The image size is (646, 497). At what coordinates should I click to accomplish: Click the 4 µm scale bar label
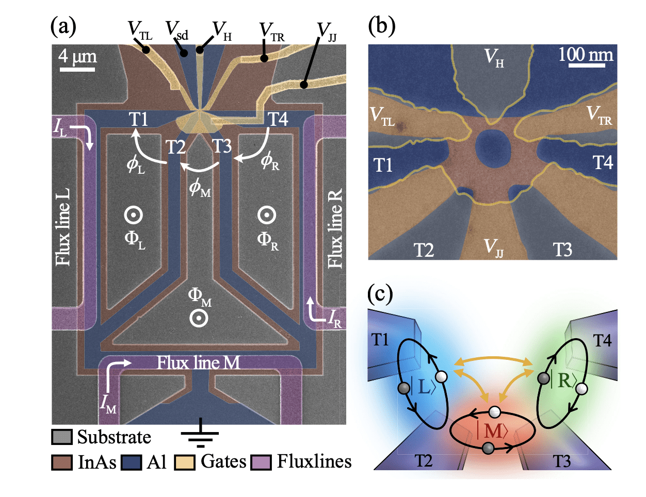click(x=77, y=56)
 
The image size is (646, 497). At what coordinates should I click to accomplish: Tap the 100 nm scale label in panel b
click(x=586, y=55)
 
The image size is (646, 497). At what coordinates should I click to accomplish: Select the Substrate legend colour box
click(x=62, y=437)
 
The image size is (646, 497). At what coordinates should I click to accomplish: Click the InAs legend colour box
click(x=62, y=462)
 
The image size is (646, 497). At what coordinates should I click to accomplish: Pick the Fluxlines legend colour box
click(x=261, y=462)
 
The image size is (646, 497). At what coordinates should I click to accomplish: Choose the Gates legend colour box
click(x=185, y=462)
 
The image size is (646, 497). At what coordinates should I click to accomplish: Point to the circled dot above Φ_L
click(x=134, y=215)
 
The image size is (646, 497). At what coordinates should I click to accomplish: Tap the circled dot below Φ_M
click(x=199, y=318)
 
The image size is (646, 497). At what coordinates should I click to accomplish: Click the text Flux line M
click(x=199, y=363)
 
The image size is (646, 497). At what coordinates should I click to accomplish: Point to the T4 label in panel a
click(x=278, y=120)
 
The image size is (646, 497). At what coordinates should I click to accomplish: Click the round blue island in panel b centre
click(x=493, y=148)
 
